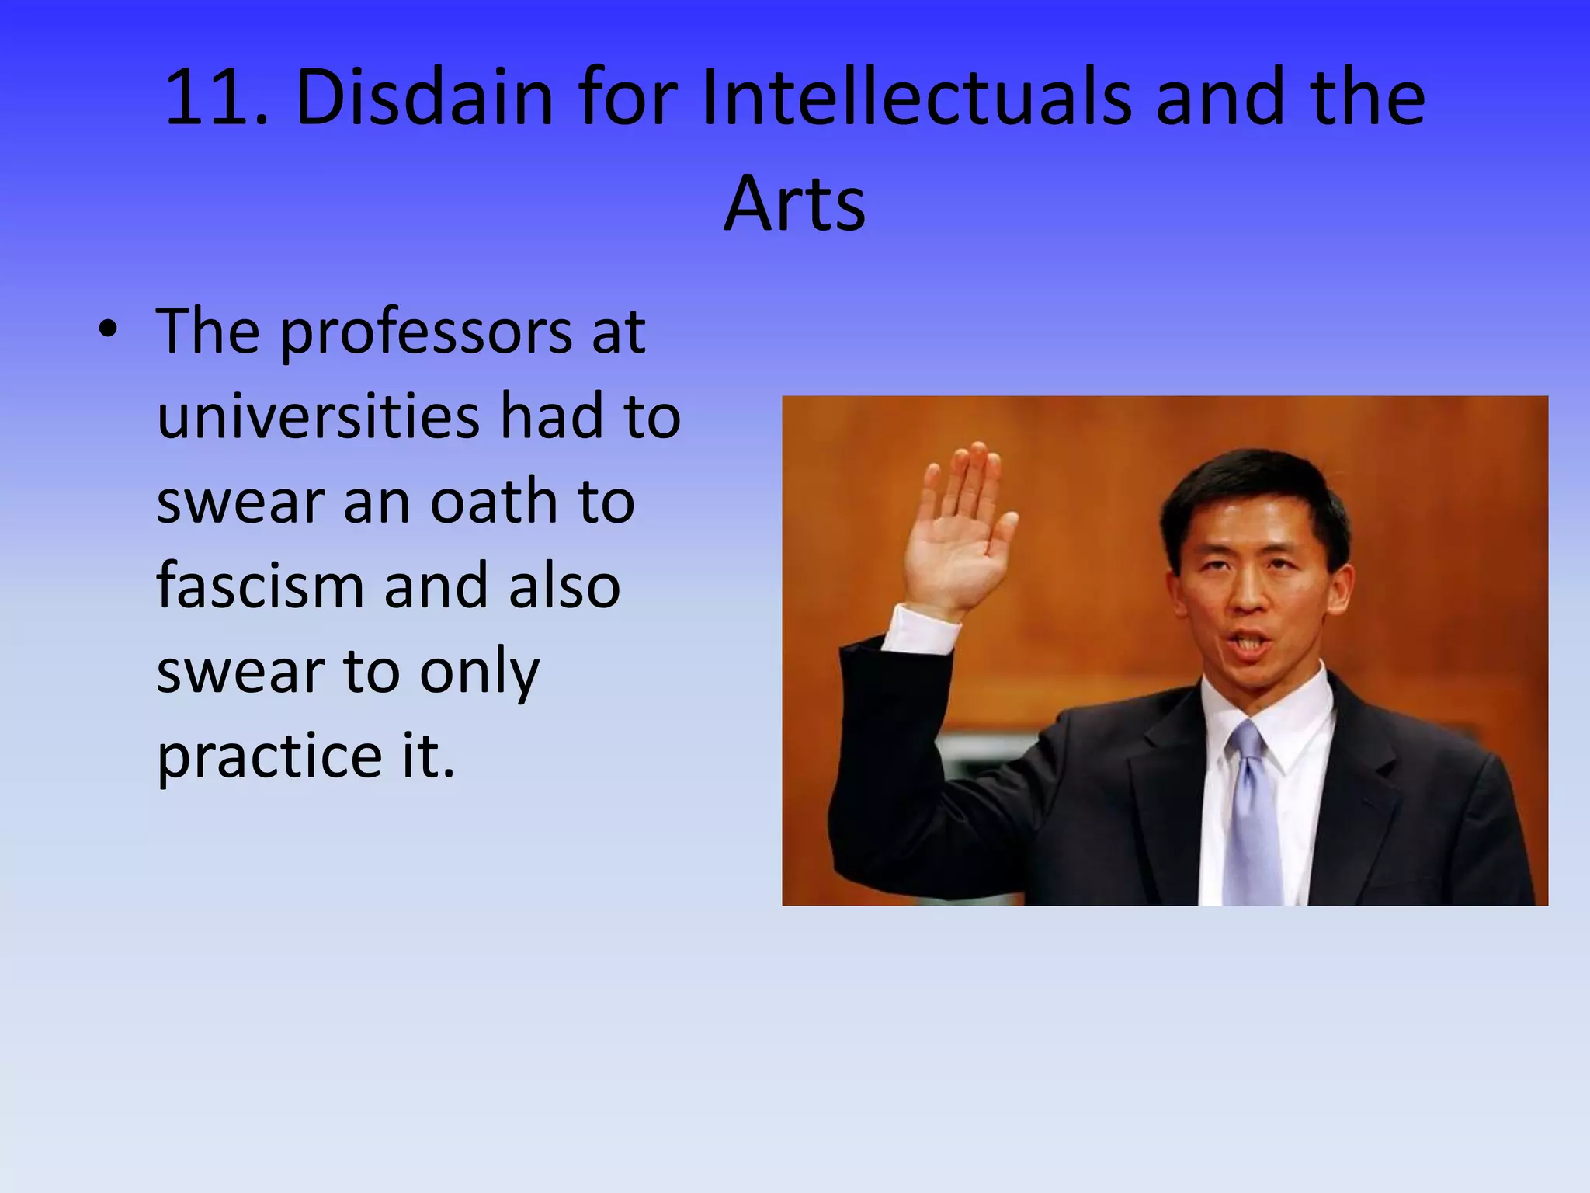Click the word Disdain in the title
point(424,99)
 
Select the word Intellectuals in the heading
point(916,99)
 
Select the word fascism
point(260,586)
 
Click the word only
point(479,673)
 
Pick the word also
point(564,586)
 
